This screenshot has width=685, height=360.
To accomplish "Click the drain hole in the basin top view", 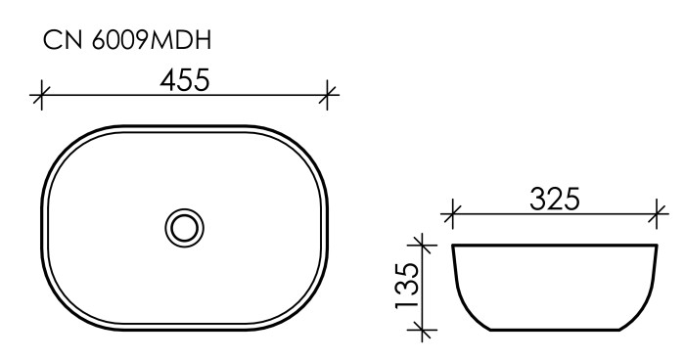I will (x=183, y=227).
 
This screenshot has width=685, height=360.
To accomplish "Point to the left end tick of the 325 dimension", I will (x=451, y=210).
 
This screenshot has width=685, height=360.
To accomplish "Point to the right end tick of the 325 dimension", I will (x=659, y=210).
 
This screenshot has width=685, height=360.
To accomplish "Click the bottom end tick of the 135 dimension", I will (x=422, y=332).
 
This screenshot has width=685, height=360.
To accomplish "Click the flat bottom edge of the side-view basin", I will (x=555, y=332).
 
